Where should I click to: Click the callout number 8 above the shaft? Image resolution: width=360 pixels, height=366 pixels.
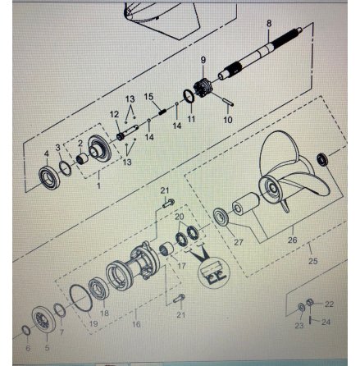click(269, 24)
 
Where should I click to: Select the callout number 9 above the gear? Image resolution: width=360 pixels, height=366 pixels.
click(203, 60)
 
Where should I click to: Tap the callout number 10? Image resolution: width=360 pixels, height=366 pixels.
click(228, 120)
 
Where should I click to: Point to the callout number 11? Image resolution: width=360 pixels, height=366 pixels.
click(191, 119)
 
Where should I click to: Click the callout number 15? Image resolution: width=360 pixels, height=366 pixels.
click(149, 97)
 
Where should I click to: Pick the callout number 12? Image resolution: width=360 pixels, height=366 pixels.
click(114, 114)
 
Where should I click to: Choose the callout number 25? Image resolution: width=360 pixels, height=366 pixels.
click(313, 261)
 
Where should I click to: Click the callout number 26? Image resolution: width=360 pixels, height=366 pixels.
click(292, 240)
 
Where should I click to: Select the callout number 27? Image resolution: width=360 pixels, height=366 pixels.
click(239, 242)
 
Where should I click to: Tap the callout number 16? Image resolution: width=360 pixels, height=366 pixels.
click(136, 324)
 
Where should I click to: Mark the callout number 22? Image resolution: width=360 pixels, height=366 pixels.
click(329, 304)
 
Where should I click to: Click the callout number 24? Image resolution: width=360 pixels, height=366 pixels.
click(326, 322)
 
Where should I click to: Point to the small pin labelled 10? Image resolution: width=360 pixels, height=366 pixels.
click(228, 101)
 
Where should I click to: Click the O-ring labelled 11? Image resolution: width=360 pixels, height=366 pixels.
click(189, 96)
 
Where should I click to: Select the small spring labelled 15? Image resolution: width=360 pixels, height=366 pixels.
click(162, 112)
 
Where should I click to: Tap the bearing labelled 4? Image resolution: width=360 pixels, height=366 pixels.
click(49, 178)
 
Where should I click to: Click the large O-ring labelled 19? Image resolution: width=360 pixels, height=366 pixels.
click(81, 298)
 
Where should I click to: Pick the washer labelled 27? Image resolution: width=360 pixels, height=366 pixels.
click(221, 217)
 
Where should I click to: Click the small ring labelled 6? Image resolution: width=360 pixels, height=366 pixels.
click(25, 330)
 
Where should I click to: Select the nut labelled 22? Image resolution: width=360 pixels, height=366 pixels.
click(310, 303)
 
